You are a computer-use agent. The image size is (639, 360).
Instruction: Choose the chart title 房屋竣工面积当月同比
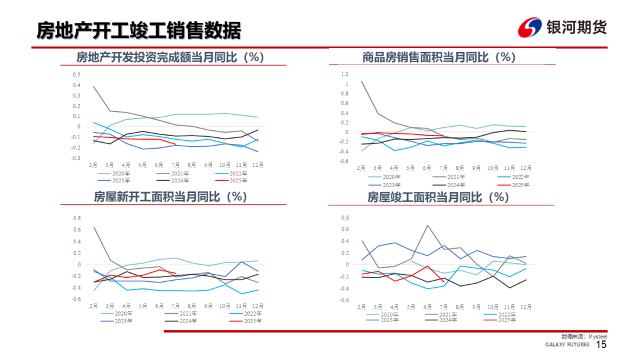(438, 197)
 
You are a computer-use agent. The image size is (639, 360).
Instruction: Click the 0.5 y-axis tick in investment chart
(76, 75)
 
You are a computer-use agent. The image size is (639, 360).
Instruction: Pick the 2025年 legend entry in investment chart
(238, 180)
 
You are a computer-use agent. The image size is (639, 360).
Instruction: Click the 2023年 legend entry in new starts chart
(121, 320)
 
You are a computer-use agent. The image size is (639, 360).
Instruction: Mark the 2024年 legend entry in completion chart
(448, 320)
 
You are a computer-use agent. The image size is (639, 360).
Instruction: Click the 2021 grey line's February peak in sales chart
(362, 81)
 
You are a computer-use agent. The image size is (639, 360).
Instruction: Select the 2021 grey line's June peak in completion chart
(427, 225)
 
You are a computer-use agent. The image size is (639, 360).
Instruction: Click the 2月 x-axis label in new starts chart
(93, 306)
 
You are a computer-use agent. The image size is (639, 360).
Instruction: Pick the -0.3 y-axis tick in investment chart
(75, 158)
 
